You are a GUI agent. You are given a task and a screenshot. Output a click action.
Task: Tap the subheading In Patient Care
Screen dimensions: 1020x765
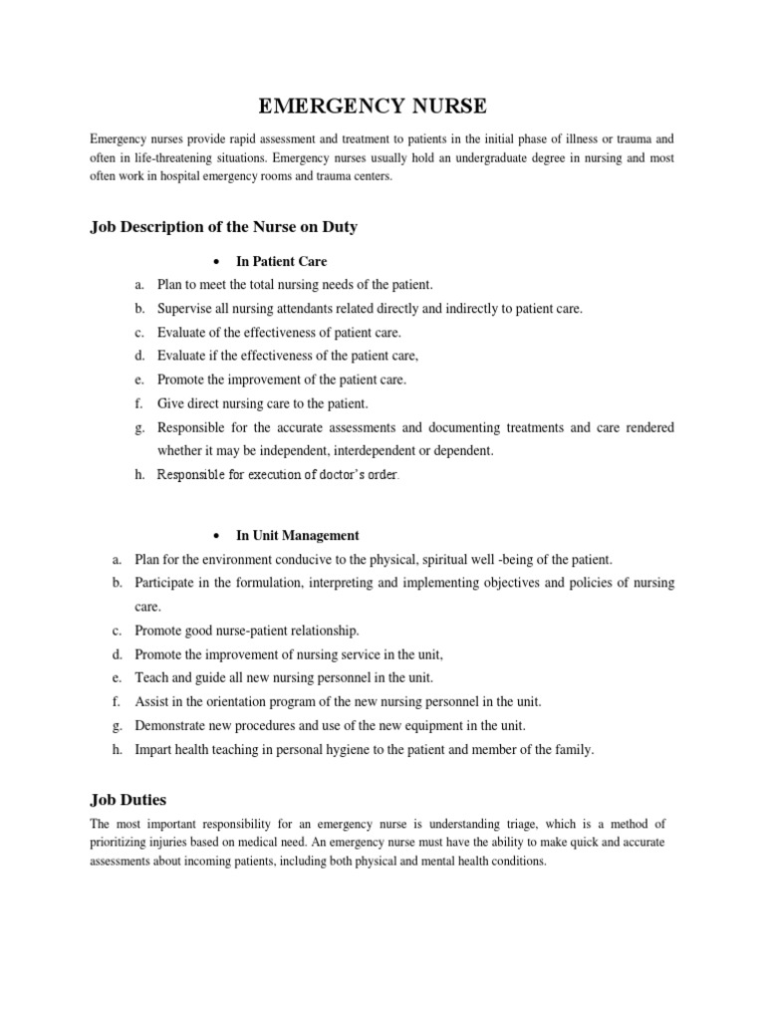281,262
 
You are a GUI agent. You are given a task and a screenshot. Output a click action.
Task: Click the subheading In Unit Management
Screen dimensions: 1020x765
297,535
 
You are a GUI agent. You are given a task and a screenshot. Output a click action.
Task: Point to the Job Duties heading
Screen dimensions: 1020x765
128,799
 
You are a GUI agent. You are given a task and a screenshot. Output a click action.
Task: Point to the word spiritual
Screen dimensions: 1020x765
463,560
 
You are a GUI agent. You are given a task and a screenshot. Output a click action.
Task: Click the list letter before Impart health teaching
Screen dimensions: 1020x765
117,750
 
